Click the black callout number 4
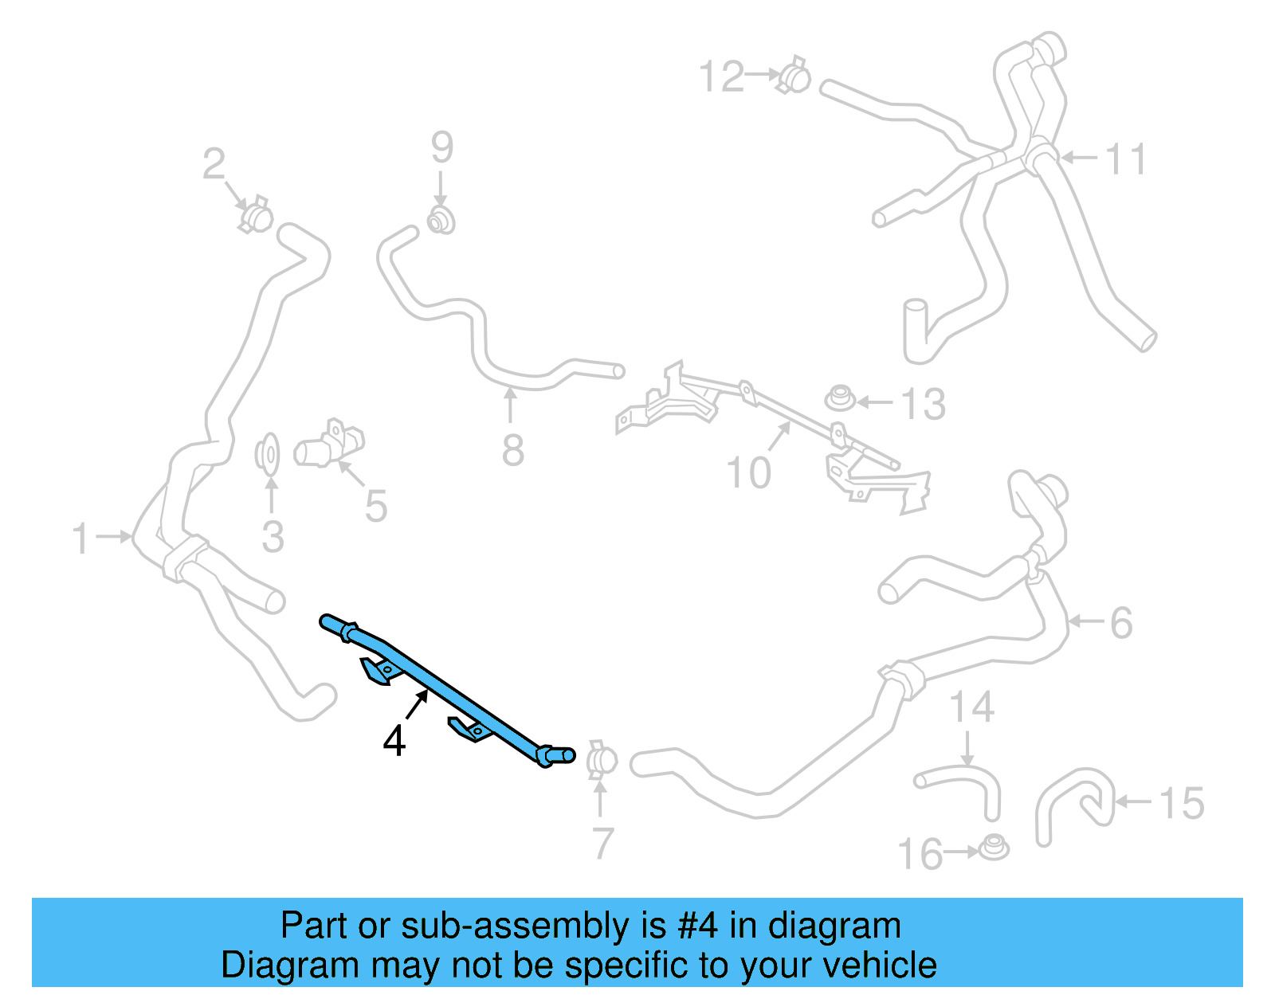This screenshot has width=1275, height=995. [x=394, y=741]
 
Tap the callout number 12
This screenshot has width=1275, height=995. [x=722, y=77]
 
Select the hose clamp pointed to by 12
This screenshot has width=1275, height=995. [x=794, y=76]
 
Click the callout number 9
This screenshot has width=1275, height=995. [x=442, y=147]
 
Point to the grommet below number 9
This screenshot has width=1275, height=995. [x=441, y=220]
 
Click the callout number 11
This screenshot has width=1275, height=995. [x=1125, y=159]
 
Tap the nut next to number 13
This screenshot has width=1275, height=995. [x=839, y=398]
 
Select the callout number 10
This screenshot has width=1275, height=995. [x=748, y=473]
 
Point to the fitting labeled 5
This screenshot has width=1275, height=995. [x=329, y=447]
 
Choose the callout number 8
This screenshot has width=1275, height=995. [x=513, y=451]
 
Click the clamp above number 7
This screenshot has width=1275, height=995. [x=602, y=761]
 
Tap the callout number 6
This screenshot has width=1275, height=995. [x=1121, y=623]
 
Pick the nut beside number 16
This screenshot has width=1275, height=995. [x=993, y=848]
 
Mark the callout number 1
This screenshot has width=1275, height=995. [x=80, y=539]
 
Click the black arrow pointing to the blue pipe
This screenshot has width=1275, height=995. [x=417, y=705]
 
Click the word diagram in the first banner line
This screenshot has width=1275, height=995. [x=834, y=926]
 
